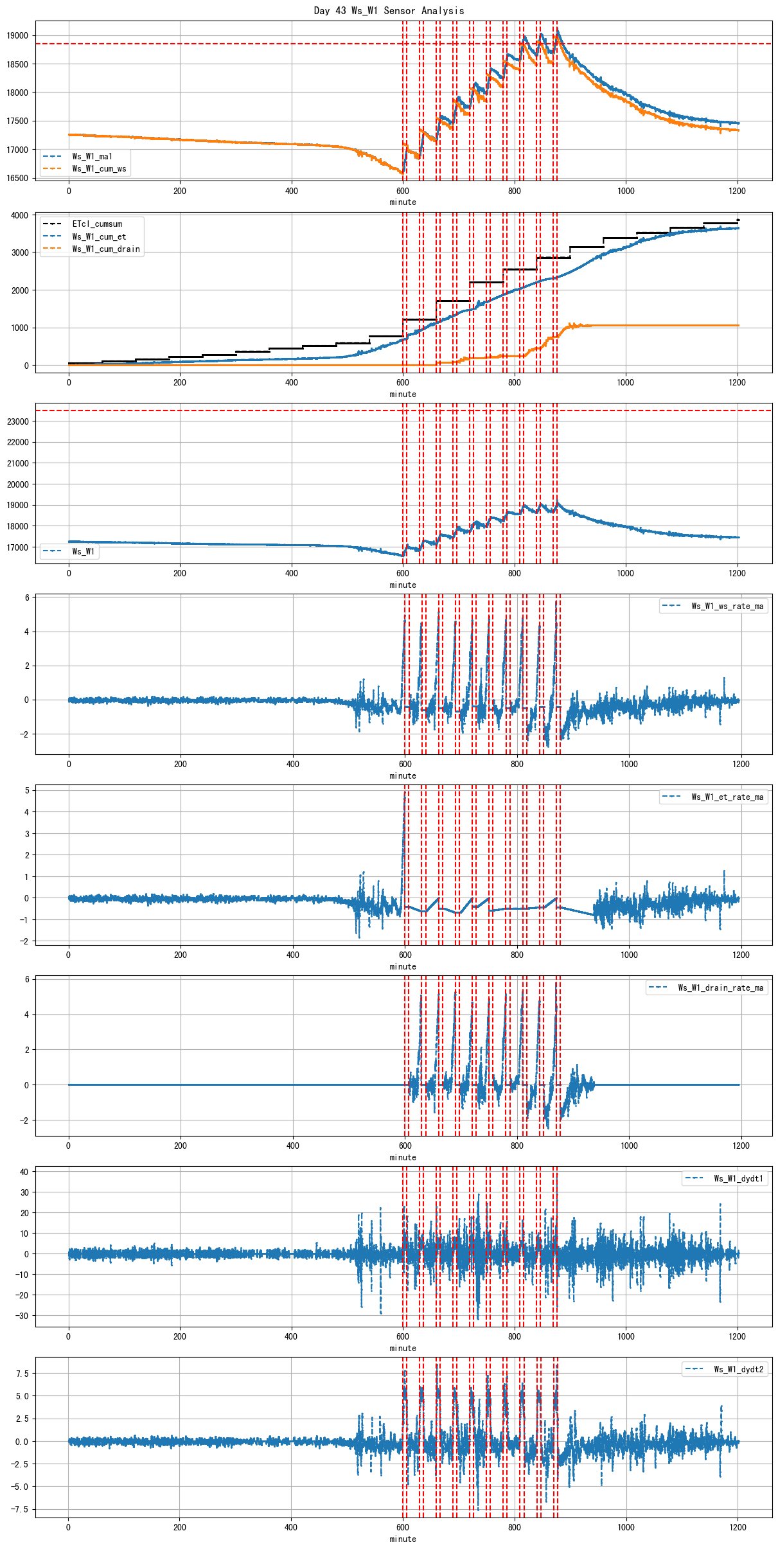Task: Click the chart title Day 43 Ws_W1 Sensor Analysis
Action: (389, 10)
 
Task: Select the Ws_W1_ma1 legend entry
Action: (92, 156)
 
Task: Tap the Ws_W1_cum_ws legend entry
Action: (99, 169)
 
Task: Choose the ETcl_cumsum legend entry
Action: (97, 224)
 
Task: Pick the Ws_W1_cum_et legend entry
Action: (99, 236)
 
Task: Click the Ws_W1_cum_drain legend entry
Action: (106, 249)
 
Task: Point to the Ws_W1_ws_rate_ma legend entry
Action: (727, 606)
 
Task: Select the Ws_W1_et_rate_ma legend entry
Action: (727, 797)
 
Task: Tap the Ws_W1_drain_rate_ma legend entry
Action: (720, 987)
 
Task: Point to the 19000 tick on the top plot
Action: (18, 36)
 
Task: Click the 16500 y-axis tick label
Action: (18, 179)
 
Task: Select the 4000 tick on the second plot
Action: (20, 215)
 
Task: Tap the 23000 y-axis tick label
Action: (18, 421)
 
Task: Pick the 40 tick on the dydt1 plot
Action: (24, 1171)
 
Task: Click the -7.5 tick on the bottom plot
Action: (19, 1509)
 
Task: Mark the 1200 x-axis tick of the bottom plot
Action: (738, 1527)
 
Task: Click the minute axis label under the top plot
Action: (403, 202)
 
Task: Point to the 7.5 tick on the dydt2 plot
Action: (22, 1374)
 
